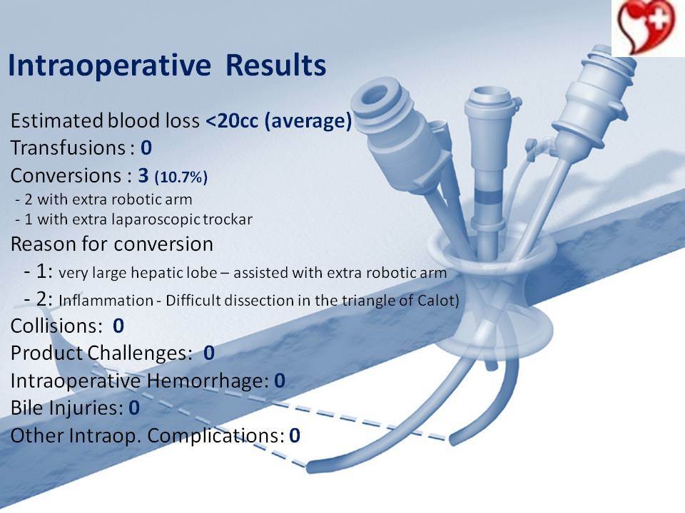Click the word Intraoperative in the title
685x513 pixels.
(x=110, y=66)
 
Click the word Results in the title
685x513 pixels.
(x=275, y=65)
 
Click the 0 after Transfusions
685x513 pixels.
(x=146, y=148)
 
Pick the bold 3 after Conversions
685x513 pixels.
(x=143, y=175)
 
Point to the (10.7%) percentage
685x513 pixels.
(x=181, y=177)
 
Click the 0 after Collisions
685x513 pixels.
(x=118, y=326)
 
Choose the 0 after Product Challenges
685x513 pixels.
(x=209, y=353)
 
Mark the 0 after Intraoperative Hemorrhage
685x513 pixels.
(x=280, y=380)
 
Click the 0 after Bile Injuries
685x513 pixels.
(x=134, y=408)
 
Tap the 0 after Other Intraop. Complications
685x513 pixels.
(x=295, y=435)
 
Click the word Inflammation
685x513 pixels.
(x=106, y=301)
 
